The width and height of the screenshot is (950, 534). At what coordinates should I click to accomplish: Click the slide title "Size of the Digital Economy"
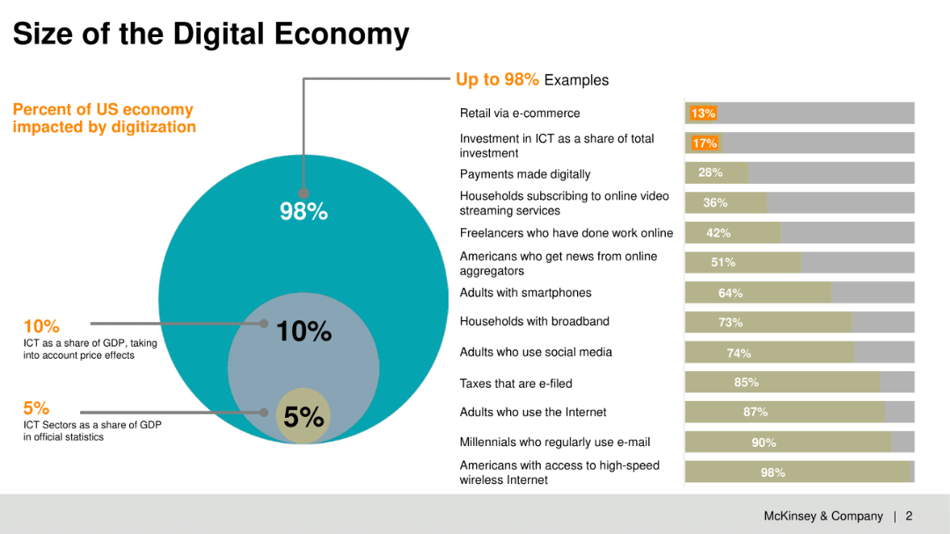tap(211, 34)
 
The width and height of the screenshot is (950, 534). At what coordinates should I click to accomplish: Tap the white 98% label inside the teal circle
tap(303, 212)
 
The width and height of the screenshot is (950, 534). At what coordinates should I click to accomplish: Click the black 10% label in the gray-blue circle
tap(303, 332)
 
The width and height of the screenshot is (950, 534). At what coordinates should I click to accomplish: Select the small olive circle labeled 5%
tap(303, 417)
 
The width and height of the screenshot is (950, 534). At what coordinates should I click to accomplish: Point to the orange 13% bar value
tap(703, 113)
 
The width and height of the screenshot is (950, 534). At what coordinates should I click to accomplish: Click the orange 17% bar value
tap(705, 143)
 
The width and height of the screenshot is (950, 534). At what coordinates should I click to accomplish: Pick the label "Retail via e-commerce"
tap(520, 113)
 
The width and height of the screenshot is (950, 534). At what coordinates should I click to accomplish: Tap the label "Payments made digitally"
tap(525, 174)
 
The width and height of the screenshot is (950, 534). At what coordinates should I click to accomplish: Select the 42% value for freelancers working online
tap(719, 233)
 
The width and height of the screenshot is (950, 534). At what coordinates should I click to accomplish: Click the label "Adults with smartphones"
tap(525, 293)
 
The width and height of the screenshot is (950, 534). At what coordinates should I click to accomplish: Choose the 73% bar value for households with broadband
tap(730, 323)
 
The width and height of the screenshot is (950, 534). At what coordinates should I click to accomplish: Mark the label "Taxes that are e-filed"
tap(515, 384)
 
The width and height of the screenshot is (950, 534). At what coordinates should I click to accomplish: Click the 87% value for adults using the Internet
tap(755, 412)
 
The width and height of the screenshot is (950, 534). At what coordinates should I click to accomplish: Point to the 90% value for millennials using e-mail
tap(764, 443)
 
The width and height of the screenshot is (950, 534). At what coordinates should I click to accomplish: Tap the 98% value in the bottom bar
tap(772, 472)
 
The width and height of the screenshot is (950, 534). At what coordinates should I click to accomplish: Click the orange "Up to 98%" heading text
tap(497, 80)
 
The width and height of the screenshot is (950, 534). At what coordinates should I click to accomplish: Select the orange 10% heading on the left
tap(41, 326)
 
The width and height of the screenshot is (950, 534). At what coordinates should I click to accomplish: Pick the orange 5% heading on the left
tap(36, 408)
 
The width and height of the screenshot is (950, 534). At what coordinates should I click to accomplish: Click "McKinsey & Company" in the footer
tap(822, 516)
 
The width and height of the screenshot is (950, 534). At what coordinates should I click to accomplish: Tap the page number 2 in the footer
tap(909, 516)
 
